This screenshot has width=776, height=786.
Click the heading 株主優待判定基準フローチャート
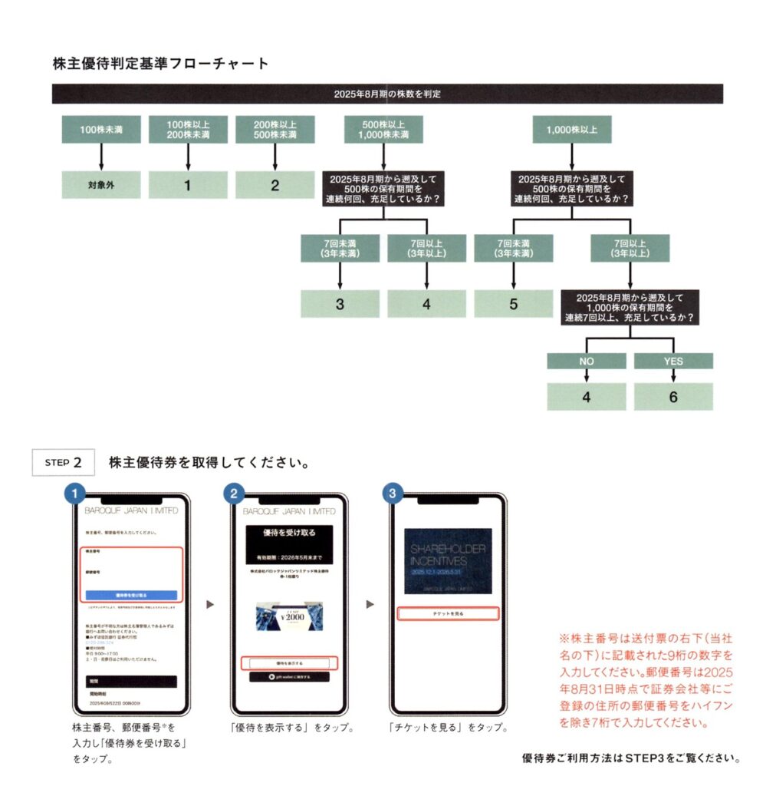click(x=161, y=64)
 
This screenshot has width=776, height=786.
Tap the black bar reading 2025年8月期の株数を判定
click(x=387, y=94)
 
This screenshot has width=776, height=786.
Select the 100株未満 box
click(x=100, y=130)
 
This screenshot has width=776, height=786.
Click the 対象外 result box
click(x=100, y=185)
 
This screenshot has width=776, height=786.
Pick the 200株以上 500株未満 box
click(x=275, y=130)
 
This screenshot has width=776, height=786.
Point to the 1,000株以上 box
click(x=572, y=130)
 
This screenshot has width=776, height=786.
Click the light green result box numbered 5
click(x=513, y=304)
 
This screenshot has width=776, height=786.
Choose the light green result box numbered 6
click(x=673, y=397)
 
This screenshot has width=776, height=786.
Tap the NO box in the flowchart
click(x=586, y=361)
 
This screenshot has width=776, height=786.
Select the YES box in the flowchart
click(x=673, y=361)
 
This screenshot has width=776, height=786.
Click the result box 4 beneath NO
click(x=586, y=397)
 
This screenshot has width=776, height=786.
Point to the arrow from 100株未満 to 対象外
click(x=100, y=157)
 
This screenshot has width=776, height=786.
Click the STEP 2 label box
click(x=63, y=462)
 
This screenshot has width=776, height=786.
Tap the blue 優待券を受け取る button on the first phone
click(x=131, y=595)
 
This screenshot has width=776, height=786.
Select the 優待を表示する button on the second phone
click(x=289, y=662)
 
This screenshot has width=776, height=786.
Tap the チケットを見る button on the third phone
click(x=449, y=613)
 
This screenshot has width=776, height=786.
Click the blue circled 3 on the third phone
click(x=392, y=494)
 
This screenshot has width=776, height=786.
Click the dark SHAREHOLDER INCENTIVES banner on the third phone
click(x=449, y=561)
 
